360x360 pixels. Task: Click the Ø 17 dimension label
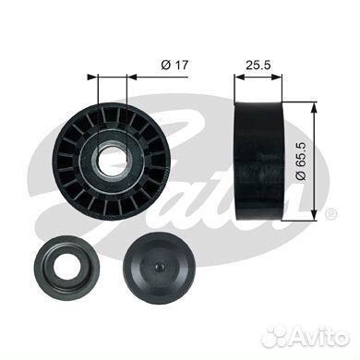coord(174,66)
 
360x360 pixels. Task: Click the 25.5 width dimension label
coord(258,66)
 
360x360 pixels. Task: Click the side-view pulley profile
coord(258,161)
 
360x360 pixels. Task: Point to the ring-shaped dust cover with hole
coord(66,268)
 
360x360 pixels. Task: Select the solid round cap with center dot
coord(160,266)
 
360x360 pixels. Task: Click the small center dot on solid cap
coord(159,267)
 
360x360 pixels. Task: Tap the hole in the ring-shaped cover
coord(66,265)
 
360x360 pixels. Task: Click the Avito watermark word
coord(318,338)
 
